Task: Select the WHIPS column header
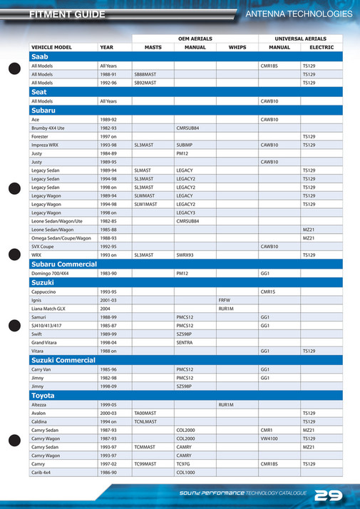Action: [x=237, y=47]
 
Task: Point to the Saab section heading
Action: [x=40, y=56]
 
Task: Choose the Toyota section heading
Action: [x=43, y=395]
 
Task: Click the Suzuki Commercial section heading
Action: [x=63, y=360]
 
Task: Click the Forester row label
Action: [x=40, y=136]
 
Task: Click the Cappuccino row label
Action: [x=43, y=292]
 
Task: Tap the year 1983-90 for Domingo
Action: [x=108, y=272]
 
